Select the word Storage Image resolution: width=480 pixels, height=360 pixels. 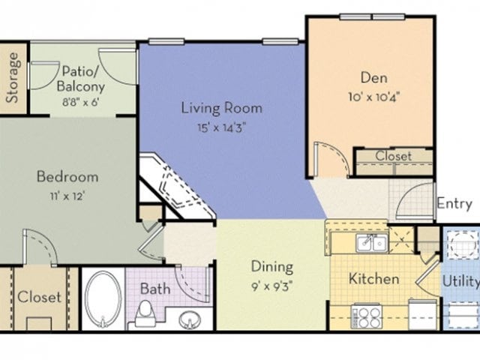[13, 78]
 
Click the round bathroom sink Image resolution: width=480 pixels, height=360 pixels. [192, 319]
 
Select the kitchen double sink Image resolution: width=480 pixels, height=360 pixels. [371, 242]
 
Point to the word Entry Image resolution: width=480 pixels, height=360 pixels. [454, 203]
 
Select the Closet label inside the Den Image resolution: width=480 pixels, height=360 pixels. [394, 156]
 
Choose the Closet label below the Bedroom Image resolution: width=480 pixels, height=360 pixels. [39, 297]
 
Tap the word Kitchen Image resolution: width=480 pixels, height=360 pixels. [374, 279]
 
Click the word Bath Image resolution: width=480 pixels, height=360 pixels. [155, 288]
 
